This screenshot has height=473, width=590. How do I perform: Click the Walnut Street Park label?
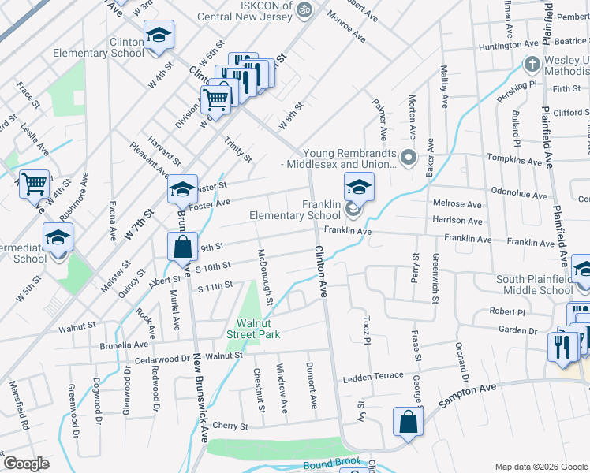(258, 328)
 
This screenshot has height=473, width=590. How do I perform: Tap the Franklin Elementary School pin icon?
(359, 188)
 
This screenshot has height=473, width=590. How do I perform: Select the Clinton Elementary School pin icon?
(159, 35)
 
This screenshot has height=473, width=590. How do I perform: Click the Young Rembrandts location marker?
(409, 158)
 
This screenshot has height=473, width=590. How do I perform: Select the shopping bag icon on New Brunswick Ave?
(182, 246)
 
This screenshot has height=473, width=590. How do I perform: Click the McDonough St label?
(266, 277)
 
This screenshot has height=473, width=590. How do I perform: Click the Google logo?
(25, 464)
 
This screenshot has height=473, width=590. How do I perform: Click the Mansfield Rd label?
(19, 415)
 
